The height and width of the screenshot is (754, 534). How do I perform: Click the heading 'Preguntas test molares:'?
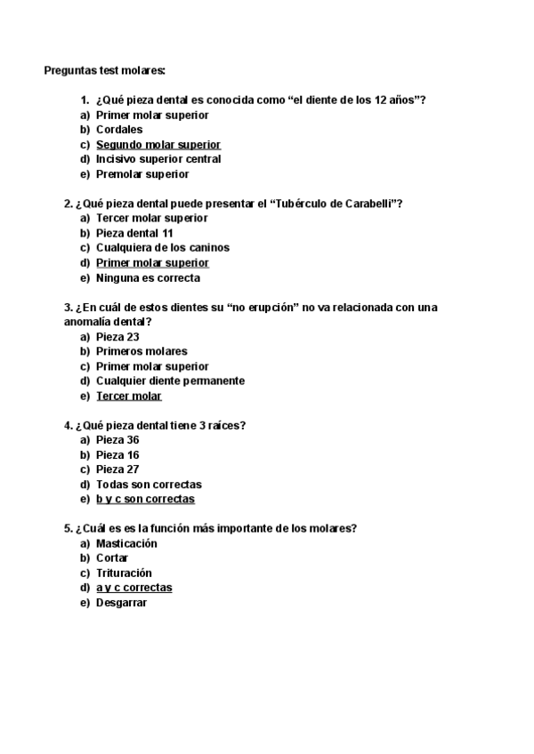104,70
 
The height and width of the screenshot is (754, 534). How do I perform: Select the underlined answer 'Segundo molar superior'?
158,144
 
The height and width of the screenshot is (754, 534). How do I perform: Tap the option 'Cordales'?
119,130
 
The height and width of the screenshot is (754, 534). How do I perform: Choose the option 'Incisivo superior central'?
158,159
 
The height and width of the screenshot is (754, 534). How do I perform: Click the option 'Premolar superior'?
142,174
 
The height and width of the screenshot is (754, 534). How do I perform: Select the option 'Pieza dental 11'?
134,233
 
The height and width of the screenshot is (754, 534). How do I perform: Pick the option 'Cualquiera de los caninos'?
163,248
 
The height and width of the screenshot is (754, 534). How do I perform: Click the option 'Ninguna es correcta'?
148,277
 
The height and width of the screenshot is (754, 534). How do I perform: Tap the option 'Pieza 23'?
117,337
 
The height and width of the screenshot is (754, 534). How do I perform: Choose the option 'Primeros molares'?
142,351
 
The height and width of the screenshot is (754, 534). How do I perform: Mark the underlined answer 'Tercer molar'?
129,396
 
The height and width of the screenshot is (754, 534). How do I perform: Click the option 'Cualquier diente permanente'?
170,381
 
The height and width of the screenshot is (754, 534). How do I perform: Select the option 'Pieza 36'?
117,440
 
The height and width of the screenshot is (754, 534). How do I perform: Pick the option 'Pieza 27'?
117,469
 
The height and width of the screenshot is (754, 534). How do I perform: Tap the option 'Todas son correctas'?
149,485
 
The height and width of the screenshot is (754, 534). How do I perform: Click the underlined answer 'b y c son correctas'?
145,499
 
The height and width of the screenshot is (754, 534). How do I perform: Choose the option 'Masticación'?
126,543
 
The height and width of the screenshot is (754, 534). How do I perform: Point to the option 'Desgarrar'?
121,603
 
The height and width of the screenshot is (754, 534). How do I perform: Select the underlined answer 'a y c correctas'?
134,588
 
